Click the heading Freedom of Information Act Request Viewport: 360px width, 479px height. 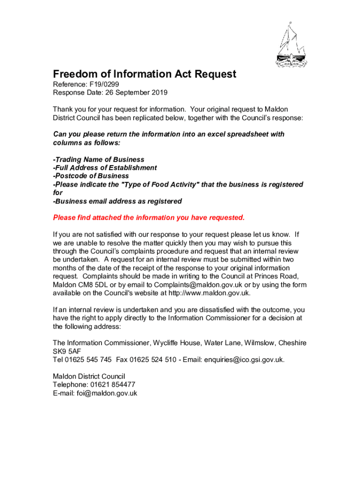[144, 74]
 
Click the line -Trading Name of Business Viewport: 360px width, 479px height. [99, 160]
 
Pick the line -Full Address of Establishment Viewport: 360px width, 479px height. [105, 167]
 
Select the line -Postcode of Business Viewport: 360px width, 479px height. [91, 176]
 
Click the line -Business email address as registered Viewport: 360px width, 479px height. [117, 201]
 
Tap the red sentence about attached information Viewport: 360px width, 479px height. [149, 218]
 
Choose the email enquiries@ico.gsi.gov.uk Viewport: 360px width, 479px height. [244, 360]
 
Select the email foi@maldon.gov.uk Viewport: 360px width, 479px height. [107, 393]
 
